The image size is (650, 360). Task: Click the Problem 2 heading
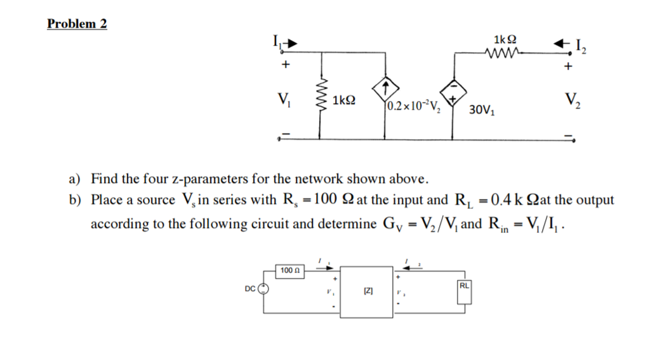point(77,24)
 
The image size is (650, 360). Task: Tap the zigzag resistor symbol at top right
point(501,53)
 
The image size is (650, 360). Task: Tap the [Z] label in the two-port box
point(368,291)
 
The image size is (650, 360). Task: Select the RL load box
point(465,286)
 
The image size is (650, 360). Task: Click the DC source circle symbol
point(264,290)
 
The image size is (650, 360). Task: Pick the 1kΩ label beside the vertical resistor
point(343,100)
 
